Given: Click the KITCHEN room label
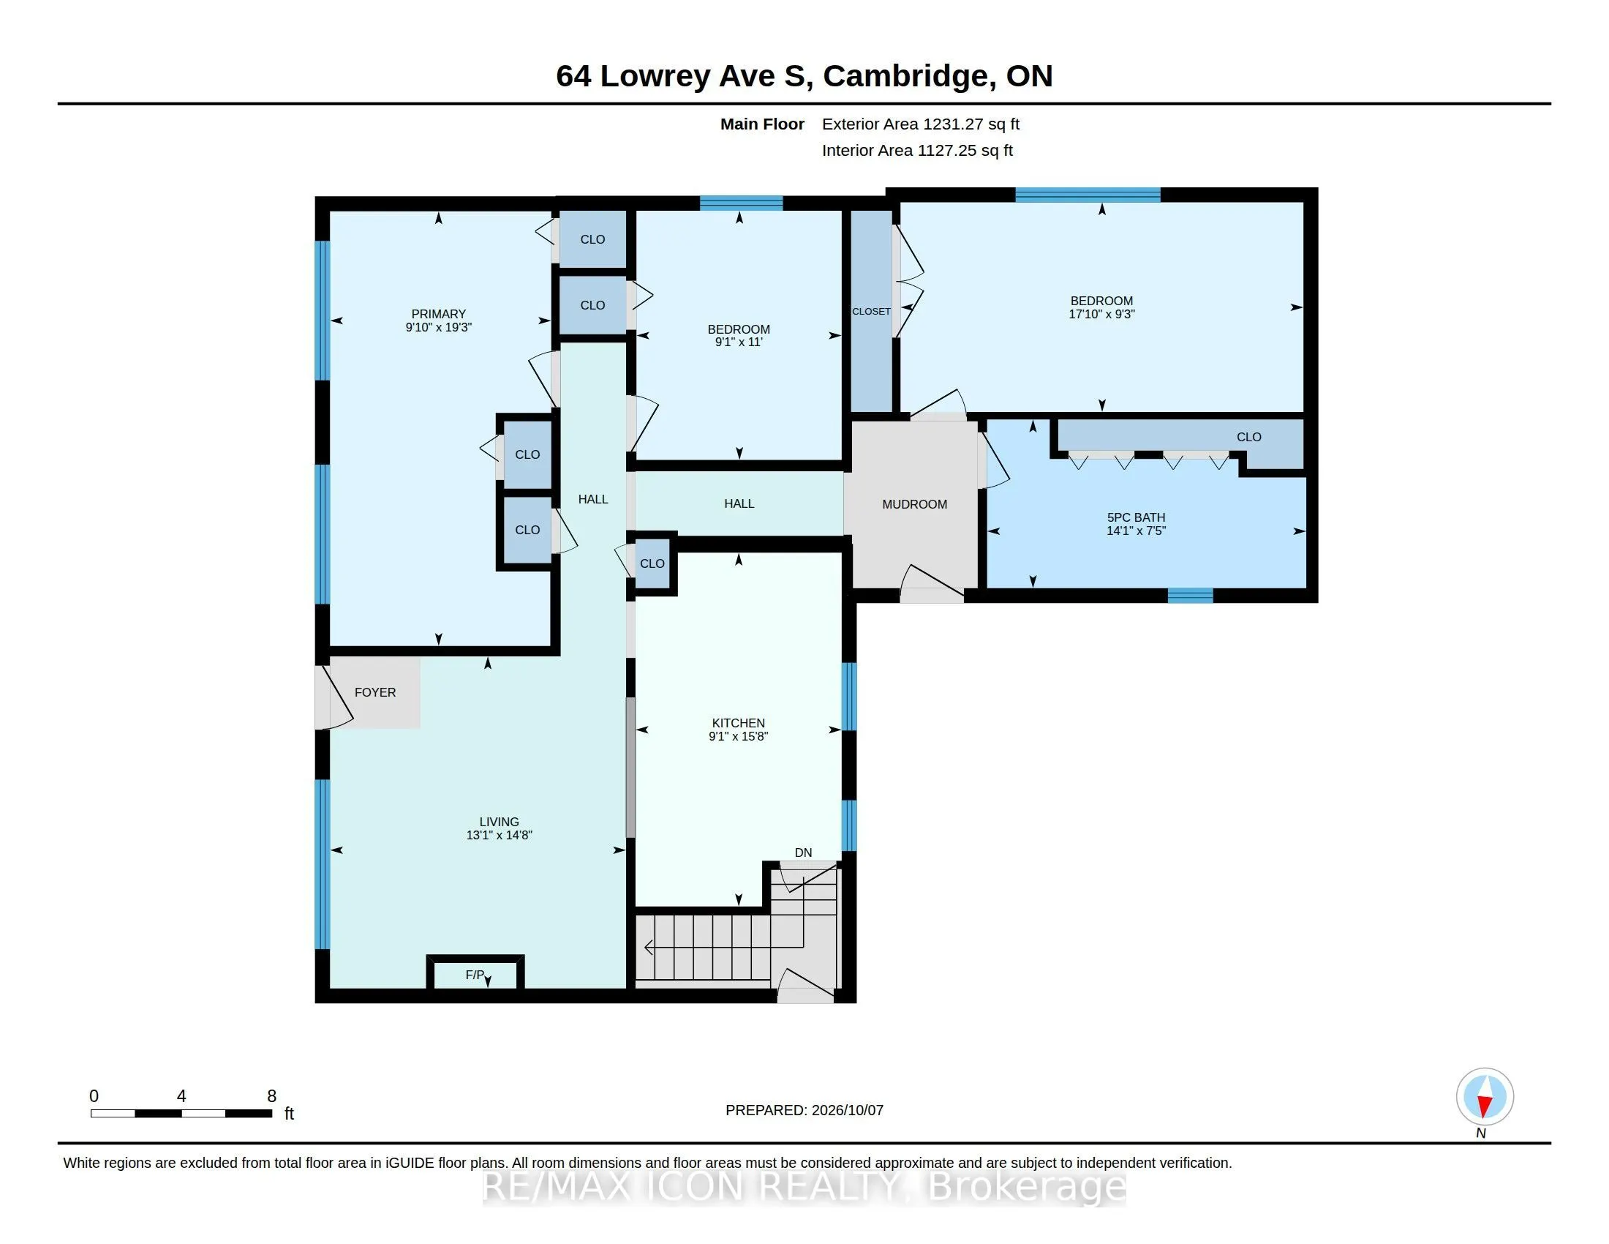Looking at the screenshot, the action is [738, 723].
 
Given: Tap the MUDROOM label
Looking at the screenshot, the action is [914, 504].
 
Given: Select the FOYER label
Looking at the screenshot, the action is [375, 692].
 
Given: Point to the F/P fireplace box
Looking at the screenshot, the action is [475, 974].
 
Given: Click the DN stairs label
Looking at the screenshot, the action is [803, 853].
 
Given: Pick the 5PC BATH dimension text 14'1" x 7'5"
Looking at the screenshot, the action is [1136, 531].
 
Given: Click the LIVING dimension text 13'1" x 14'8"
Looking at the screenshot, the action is [499, 835].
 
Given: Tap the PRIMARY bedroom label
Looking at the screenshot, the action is [438, 314].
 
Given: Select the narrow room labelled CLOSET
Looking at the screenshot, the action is [872, 311].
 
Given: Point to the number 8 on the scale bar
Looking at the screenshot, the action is [271, 1096].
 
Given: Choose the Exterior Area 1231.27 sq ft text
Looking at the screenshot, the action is [921, 124].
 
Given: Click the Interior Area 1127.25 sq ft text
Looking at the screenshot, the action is [917, 150].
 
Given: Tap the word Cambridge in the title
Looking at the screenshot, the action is [905, 76].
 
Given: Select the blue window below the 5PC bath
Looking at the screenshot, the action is [1191, 596].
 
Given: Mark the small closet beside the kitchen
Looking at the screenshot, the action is [652, 563].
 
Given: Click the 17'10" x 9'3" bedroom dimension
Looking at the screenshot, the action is [1101, 314].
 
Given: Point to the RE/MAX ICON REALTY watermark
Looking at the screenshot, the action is [804, 1186].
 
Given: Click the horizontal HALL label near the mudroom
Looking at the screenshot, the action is [739, 503].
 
